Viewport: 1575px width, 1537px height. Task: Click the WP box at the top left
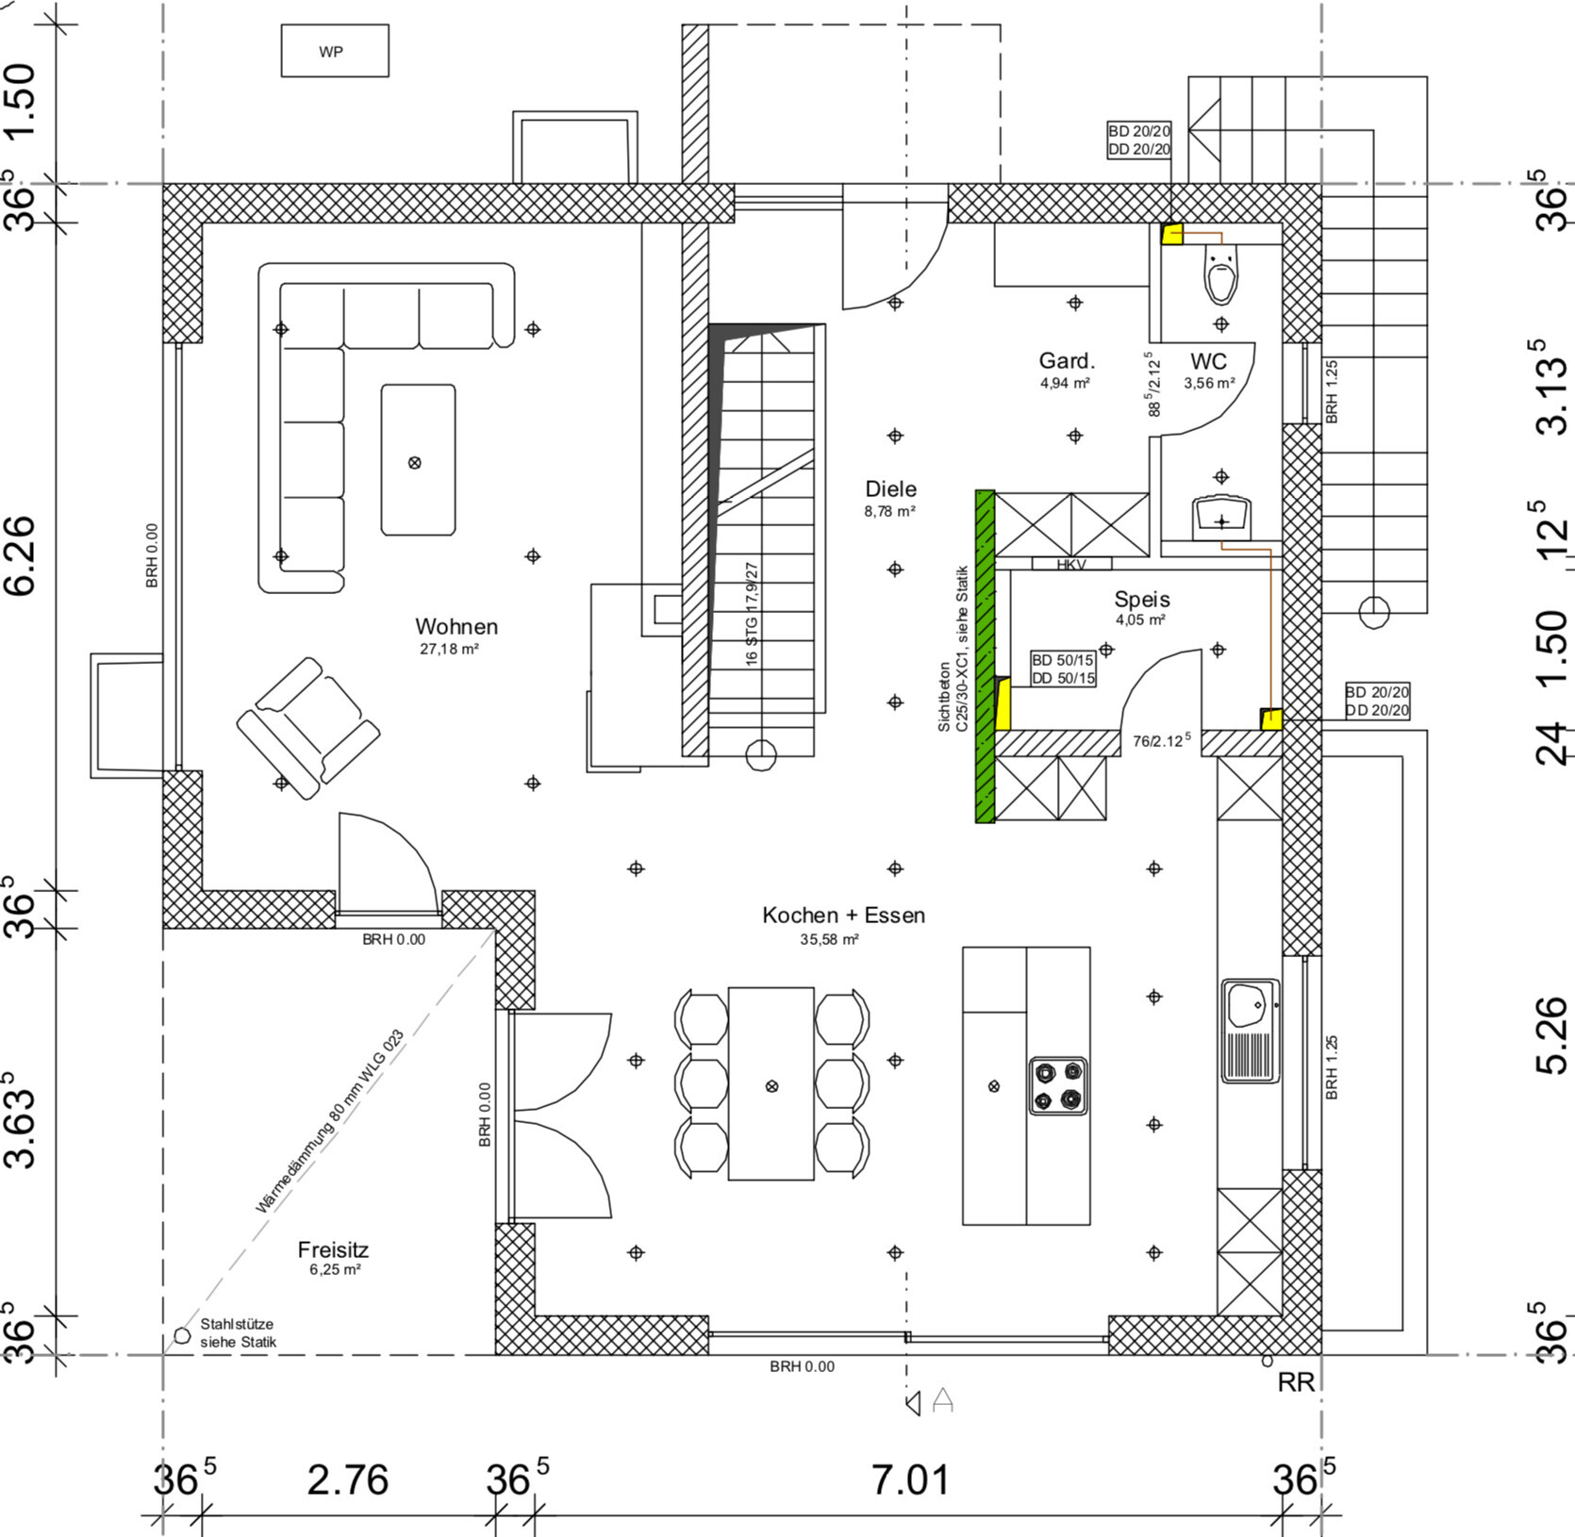335,51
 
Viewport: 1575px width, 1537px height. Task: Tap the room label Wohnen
456,627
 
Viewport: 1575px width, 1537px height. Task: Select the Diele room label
891,488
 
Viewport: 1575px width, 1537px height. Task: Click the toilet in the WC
1221,274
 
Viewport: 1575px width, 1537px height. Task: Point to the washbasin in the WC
1222,518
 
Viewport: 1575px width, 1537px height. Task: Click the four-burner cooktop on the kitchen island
1057,1086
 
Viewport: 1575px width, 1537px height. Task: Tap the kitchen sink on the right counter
1251,1031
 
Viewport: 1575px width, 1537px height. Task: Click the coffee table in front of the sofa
418,459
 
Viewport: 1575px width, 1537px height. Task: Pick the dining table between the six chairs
771,1083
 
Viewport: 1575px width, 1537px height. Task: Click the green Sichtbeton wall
985,656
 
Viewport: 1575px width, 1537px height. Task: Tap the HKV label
1071,565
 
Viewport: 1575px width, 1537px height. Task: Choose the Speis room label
1142,599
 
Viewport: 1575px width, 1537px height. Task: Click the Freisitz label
333,1250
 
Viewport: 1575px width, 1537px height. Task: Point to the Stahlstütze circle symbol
182,1335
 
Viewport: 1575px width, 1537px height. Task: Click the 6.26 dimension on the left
21,555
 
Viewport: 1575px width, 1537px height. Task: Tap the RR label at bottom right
1296,1382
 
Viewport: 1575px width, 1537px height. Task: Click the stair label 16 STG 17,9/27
752,614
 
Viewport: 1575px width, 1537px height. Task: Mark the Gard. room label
1067,361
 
